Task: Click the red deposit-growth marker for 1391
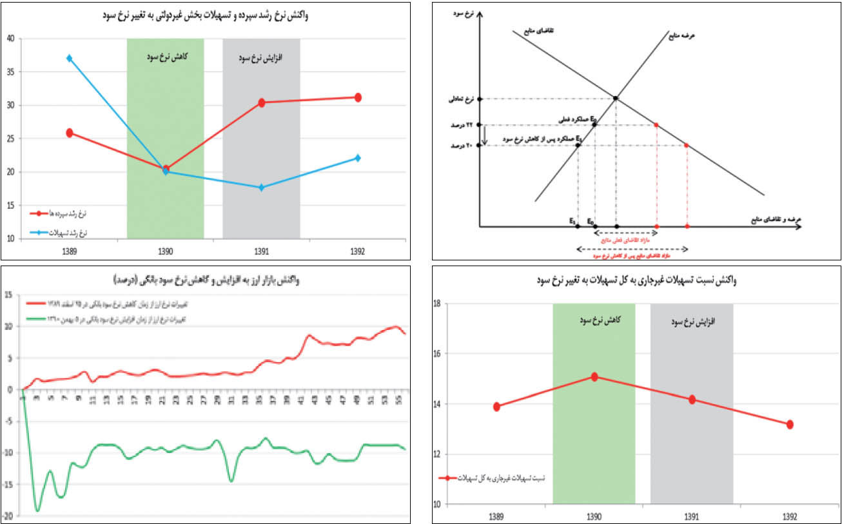tap(262, 102)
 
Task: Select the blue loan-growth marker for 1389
tap(70, 58)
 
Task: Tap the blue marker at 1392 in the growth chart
tap(358, 158)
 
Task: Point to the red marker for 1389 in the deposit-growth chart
tap(70, 133)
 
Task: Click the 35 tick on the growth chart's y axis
tap(11, 72)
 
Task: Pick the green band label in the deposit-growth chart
tap(165, 56)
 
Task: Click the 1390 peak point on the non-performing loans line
tap(594, 377)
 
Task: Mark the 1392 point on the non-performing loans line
tap(790, 424)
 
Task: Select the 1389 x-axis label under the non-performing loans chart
tap(496, 516)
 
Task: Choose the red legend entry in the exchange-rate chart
tap(110, 303)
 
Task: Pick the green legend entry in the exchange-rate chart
tap(110, 319)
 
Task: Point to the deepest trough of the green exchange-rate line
tap(37, 510)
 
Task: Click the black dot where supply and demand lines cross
tap(616, 98)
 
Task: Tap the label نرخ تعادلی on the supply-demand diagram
tap(459, 100)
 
